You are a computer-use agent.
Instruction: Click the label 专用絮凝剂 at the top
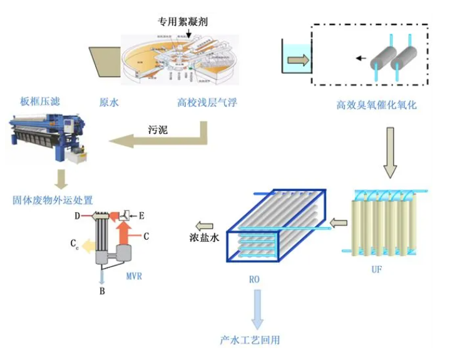(183, 21)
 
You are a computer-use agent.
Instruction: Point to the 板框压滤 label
(40, 101)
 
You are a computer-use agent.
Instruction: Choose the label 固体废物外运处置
(53, 200)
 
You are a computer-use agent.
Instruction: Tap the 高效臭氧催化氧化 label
(376, 105)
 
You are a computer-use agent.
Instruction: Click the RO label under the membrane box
(253, 279)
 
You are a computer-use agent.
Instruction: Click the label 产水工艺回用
(250, 340)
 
